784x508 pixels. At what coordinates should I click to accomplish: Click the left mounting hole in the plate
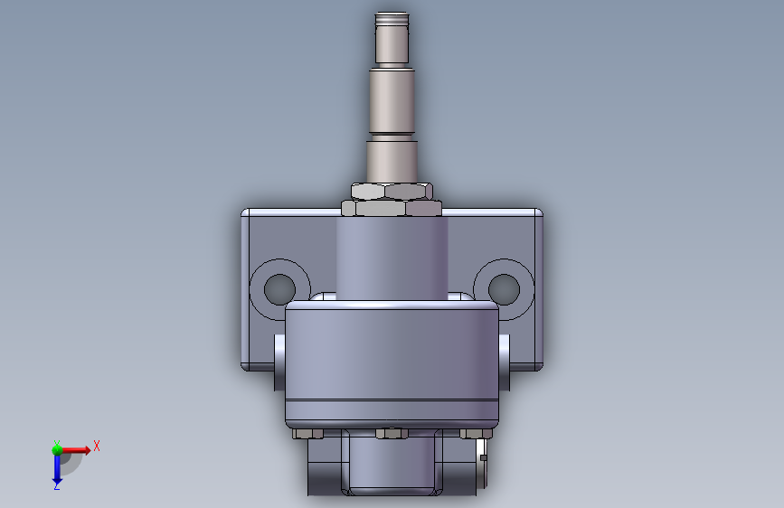(x=279, y=289)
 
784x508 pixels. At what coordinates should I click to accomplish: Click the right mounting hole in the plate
(x=504, y=289)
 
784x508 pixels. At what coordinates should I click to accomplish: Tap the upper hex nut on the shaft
(x=392, y=191)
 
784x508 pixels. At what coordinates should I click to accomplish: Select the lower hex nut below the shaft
(x=392, y=208)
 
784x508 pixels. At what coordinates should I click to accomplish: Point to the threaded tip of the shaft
(x=392, y=20)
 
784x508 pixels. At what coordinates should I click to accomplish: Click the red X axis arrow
(x=76, y=450)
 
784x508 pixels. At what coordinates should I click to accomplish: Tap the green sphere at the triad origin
(x=57, y=449)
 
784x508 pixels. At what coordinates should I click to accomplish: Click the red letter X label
(x=97, y=446)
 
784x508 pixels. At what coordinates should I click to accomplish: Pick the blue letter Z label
(x=56, y=485)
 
